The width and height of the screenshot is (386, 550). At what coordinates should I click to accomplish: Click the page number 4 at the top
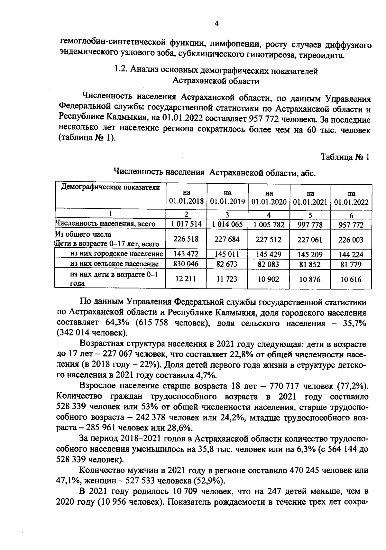click(x=216, y=23)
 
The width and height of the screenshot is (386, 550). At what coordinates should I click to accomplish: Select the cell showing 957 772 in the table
click(x=351, y=225)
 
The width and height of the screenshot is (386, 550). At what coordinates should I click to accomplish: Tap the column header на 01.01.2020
click(x=269, y=197)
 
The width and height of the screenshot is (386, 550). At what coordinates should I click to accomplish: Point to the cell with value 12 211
click(x=186, y=279)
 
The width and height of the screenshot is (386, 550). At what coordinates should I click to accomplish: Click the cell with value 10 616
click(x=351, y=280)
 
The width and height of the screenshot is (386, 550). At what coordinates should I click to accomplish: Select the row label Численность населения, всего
click(x=106, y=224)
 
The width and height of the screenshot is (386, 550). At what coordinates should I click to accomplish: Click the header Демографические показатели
click(x=110, y=187)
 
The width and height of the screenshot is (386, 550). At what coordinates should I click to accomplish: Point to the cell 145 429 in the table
click(x=269, y=254)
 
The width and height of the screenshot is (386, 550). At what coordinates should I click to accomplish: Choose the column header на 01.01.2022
click(x=351, y=198)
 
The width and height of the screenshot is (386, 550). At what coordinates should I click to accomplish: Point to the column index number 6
click(x=351, y=215)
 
